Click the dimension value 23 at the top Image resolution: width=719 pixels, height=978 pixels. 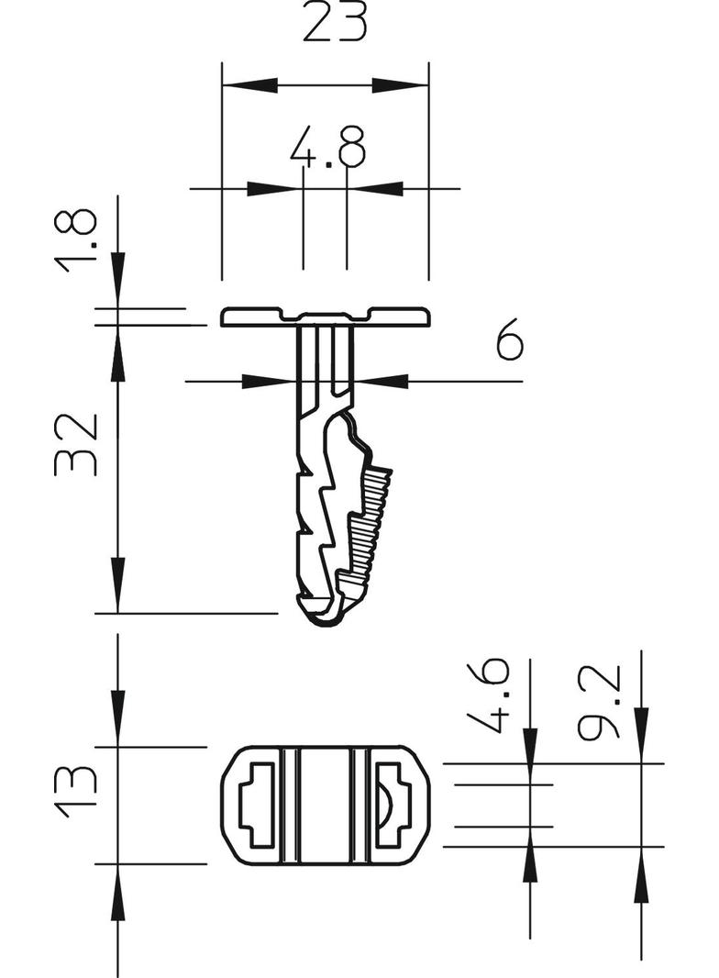(335, 23)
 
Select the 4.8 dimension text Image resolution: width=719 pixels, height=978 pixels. (327, 147)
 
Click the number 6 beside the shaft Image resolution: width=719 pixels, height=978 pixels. (509, 340)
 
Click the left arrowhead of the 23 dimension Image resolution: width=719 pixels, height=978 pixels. (249, 86)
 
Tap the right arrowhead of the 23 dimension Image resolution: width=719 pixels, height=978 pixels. (401, 86)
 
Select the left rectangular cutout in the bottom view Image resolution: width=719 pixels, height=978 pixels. (258, 805)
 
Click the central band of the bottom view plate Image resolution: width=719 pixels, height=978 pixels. (325, 805)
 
